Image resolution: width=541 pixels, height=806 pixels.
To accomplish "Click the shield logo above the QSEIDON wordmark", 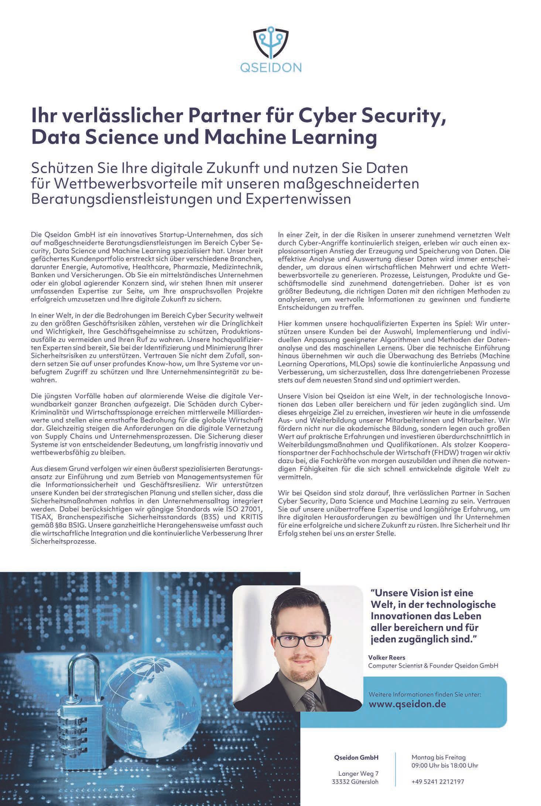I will (x=270, y=43).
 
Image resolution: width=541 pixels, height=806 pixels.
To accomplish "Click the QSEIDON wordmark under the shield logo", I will (x=270, y=67).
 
